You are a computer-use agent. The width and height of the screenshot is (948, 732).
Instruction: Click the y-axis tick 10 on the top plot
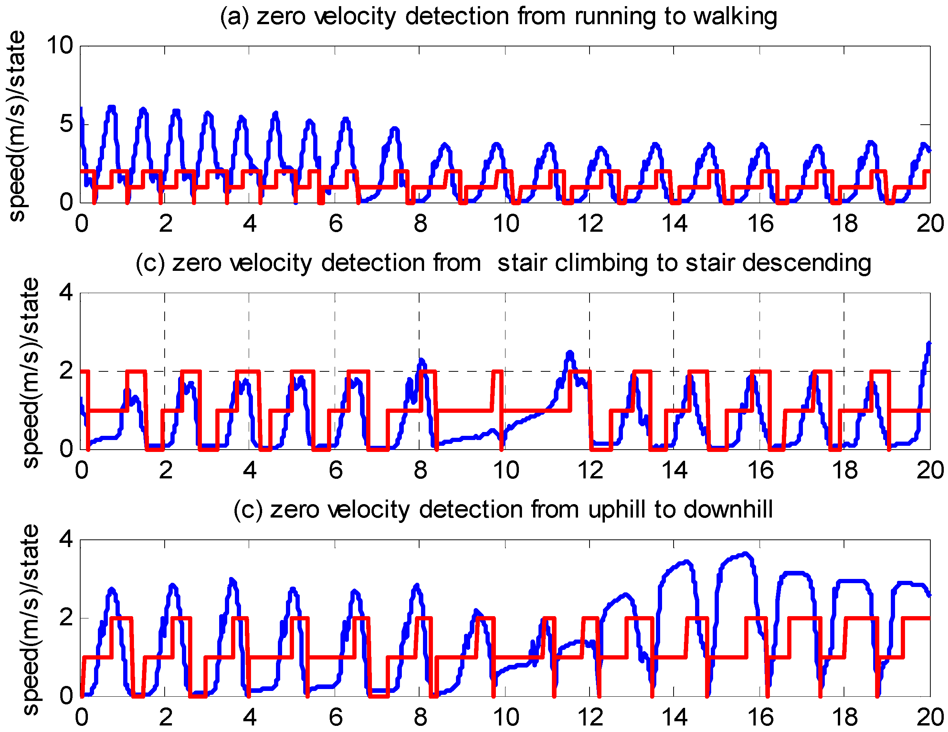60,46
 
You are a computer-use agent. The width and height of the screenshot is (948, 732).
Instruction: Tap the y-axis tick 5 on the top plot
66,124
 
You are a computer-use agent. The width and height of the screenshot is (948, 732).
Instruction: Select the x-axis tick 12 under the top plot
590,224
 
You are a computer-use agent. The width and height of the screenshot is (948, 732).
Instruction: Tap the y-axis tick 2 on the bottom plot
66,618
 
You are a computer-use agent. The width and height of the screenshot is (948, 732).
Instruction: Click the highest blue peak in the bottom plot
745,554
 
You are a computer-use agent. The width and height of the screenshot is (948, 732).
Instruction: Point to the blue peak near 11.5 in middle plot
570,354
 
